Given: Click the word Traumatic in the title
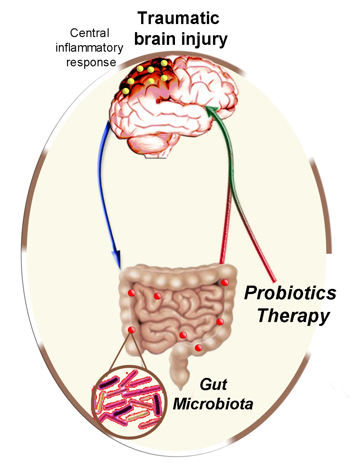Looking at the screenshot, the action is pyautogui.click(x=178, y=19).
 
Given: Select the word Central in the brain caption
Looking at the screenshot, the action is pyautogui.click(x=89, y=33).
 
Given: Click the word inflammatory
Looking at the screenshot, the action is pyautogui.click(x=89, y=48).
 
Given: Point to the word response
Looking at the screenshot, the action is pyautogui.click(x=91, y=62).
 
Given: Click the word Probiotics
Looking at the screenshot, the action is pyautogui.click(x=290, y=293).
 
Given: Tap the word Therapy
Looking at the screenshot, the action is pyautogui.click(x=293, y=316).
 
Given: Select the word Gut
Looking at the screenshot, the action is pyautogui.click(x=213, y=385).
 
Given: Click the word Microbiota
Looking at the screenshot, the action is pyautogui.click(x=213, y=404).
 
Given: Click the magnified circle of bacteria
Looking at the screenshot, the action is pyautogui.click(x=129, y=402).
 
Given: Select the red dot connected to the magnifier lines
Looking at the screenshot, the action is pyautogui.click(x=131, y=330).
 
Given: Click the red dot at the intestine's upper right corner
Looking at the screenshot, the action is pyautogui.click(x=225, y=283).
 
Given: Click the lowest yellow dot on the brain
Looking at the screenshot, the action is pyautogui.click(x=126, y=91).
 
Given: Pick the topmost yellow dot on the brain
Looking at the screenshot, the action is pyautogui.click(x=164, y=63).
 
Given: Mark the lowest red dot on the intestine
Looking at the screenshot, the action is pyautogui.click(x=198, y=348).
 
